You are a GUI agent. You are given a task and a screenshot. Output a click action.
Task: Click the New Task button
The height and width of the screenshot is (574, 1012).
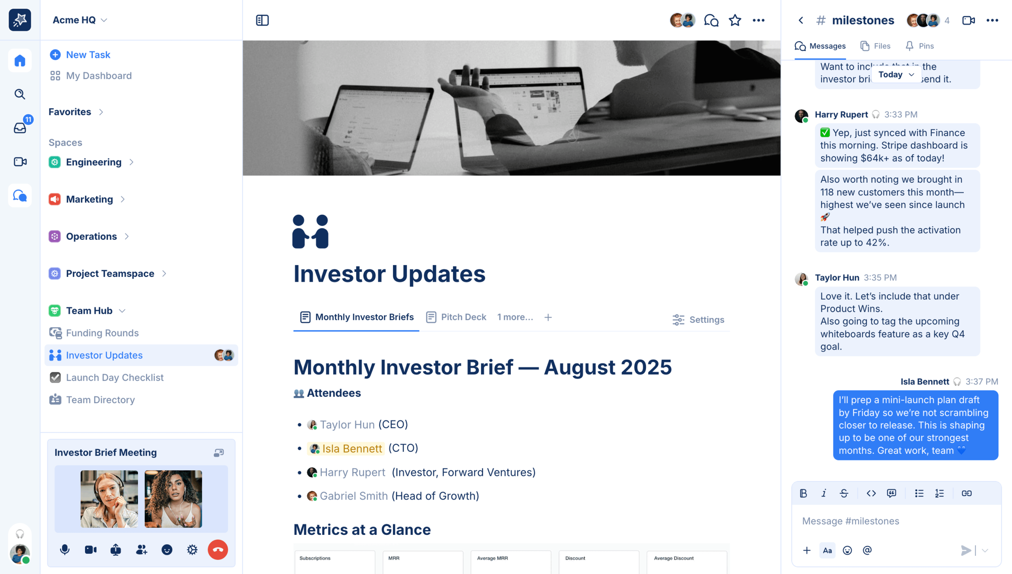coord(80,55)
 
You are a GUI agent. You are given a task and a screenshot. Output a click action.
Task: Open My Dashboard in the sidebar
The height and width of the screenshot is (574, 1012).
coord(91,76)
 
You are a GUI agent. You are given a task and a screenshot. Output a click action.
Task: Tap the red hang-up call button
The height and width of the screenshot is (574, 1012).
coord(218,549)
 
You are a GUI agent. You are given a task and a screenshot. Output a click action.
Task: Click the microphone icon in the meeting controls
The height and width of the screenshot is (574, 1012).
coord(65,549)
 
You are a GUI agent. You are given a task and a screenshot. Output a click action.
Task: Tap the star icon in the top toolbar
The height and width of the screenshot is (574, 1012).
coord(735,20)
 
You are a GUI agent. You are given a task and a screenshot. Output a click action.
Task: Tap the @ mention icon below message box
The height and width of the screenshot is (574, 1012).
coord(867,550)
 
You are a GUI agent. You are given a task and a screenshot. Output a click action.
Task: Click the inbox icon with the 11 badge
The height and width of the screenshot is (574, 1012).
coord(20,127)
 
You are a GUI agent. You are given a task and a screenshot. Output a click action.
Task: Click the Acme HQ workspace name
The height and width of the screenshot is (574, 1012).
coord(74,20)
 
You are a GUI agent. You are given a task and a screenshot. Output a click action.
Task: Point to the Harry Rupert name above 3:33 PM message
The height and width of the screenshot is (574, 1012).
coord(841,115)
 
